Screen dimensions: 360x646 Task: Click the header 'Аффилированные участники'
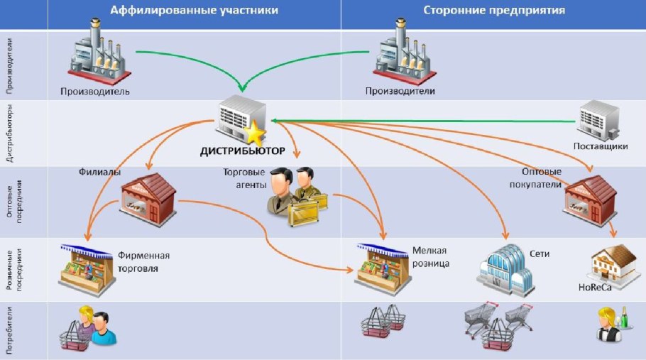pos(194,10)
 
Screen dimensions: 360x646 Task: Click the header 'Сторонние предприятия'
pos(494,10)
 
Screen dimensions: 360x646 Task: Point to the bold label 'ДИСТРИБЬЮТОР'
pos(243,151)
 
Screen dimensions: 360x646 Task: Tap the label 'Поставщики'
pos(601,146)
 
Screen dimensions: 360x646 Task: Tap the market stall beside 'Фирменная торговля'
pos(87,268)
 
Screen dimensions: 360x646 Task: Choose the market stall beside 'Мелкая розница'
pos(383,267)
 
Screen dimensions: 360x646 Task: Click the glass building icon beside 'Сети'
pos(505,268)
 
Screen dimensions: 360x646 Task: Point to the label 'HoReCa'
pos(595,286)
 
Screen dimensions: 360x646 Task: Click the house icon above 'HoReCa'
pos(613,263)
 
